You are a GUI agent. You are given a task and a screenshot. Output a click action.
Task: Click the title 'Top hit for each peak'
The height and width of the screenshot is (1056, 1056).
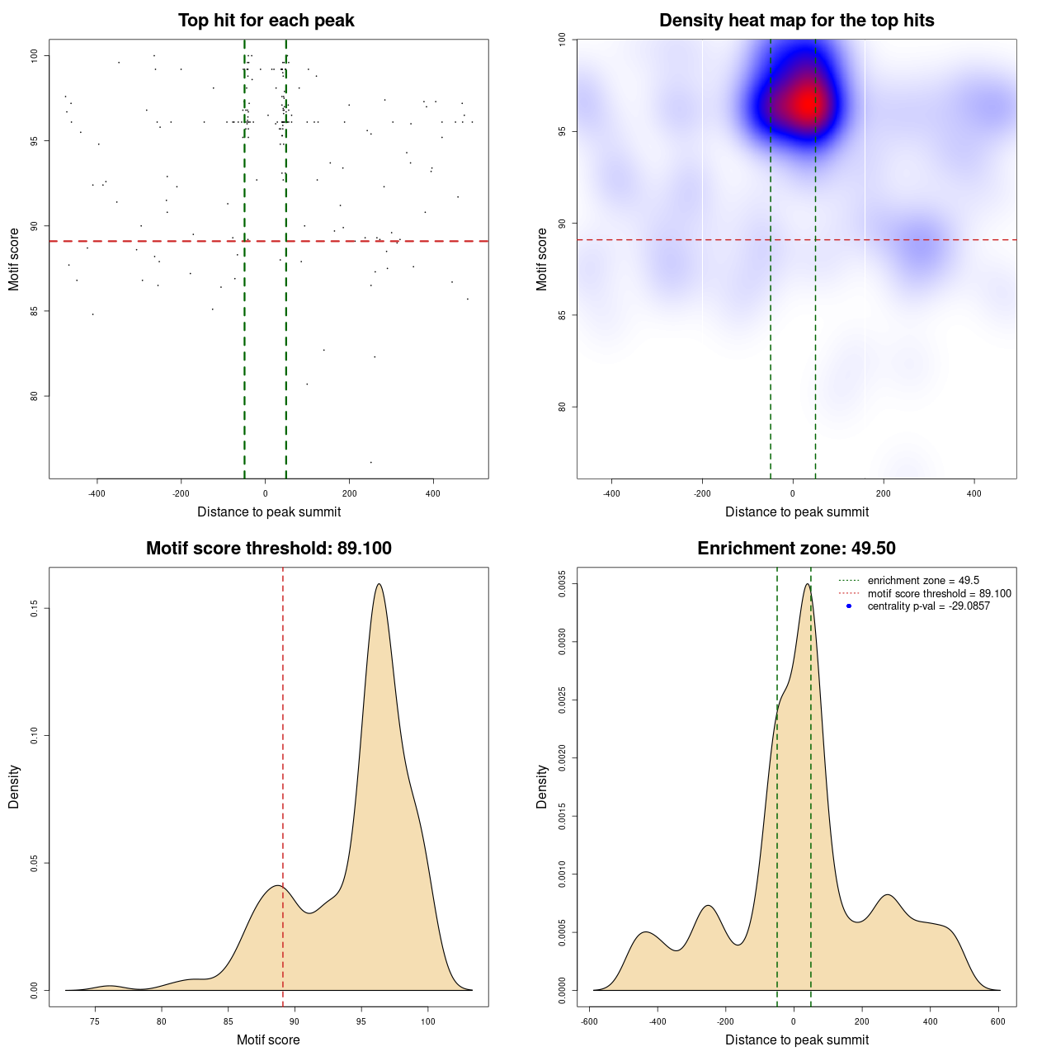click(266, 21)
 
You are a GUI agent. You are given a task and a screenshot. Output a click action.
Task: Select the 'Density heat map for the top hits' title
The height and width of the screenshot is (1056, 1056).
click(796, 21)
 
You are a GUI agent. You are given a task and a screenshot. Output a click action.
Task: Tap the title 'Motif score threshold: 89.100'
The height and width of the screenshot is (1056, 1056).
click(268, 549)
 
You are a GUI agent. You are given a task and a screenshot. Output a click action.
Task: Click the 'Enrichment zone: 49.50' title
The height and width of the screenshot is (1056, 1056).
click(796, 549)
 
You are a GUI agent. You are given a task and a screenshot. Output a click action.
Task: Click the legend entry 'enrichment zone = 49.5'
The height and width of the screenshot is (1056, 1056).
click(923, 581)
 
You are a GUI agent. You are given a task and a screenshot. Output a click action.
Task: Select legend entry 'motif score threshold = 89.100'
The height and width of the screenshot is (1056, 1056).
click(939, 593)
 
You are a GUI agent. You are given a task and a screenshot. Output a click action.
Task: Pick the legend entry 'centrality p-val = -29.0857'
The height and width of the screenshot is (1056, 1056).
click(928, 606)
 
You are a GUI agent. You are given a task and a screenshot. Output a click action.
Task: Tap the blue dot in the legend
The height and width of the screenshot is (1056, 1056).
click(849, 606)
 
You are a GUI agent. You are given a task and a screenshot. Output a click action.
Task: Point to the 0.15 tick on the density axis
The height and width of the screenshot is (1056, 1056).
click(35, 609)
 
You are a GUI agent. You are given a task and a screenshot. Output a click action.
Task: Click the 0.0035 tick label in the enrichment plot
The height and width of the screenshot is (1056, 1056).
click(563, 584)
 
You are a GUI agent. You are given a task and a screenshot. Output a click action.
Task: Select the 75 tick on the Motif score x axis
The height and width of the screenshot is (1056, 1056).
click(95, 1021)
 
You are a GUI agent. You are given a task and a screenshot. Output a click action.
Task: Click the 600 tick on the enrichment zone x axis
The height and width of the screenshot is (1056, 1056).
click(998, 1021)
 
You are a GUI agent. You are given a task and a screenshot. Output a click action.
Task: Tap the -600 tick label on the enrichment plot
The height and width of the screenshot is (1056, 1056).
click(589, 1021)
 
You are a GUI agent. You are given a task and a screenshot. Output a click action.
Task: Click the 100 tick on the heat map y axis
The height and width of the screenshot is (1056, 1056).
click(563, 39)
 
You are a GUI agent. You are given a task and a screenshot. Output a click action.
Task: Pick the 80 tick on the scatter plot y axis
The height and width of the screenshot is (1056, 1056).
click(35, 396)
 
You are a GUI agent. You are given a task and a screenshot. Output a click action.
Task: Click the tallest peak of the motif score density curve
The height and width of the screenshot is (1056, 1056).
click(379, 584)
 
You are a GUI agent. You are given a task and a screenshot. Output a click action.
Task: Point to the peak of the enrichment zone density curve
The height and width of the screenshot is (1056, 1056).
click(807, 584)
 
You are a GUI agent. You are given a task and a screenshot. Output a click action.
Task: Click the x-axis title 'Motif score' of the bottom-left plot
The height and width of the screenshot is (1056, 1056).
click(268, 1039)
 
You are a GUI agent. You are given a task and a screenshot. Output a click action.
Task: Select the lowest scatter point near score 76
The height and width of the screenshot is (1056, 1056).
click(370, 462)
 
